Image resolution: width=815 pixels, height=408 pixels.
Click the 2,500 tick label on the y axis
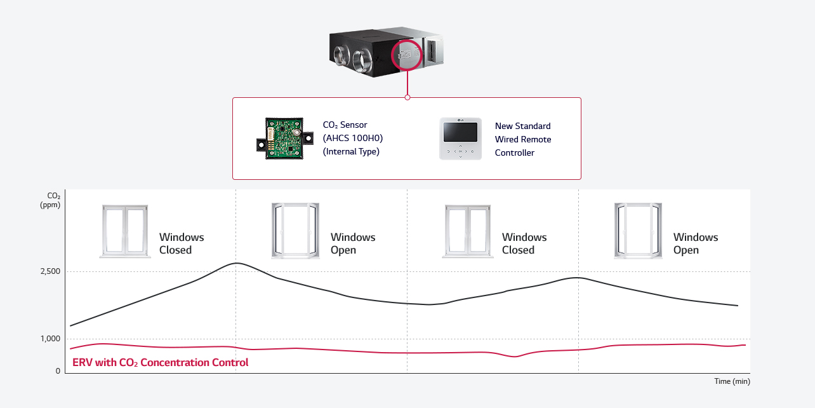(50, 271)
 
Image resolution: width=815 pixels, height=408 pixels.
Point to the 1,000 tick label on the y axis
(50, 339)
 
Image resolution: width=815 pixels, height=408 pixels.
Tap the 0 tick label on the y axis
(58, 371)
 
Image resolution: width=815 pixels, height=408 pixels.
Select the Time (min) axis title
(732, 381)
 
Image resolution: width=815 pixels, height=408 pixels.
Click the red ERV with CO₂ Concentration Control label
(161, 363)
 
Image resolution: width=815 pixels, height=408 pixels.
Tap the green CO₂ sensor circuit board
(285, 138)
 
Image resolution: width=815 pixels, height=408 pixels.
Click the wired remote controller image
(460, 138)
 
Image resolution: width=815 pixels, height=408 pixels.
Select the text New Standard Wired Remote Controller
(523, 139)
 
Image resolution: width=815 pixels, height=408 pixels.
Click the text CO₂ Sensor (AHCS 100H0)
(353, 131)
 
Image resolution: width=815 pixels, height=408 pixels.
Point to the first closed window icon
(124, 231)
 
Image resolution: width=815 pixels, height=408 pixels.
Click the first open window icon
(295, 231)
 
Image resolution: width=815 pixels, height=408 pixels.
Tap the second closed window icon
(467, 231)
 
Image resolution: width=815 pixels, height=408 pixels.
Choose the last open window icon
(638, 231)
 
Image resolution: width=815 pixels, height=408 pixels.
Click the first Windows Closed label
(182, 243)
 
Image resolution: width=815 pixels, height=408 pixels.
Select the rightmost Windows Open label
(696, 243)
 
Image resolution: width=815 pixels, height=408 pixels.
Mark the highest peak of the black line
(236, 263)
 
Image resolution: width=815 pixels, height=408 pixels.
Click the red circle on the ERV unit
(407, 56)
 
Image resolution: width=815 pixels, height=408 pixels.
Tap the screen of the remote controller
(460, 132)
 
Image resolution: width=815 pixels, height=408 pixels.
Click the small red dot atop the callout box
(407, 97)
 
